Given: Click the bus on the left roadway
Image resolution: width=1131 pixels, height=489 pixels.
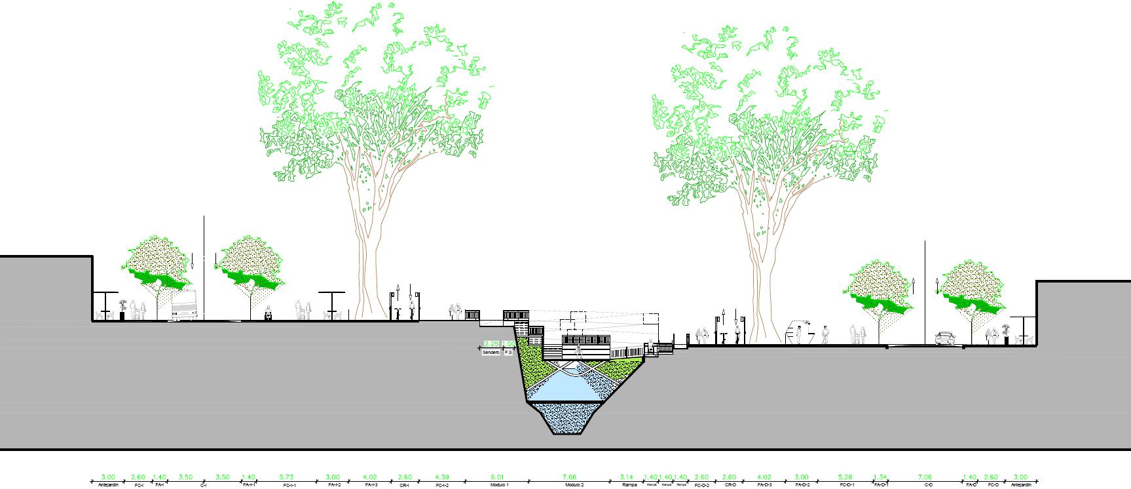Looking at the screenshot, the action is pyautogui.click(x=184, y=306).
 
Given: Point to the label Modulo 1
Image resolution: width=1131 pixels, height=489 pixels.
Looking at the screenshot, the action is pyautogui.click(x=499, y=485).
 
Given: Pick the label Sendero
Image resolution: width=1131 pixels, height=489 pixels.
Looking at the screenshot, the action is pyautogui.click(x=491, y=353).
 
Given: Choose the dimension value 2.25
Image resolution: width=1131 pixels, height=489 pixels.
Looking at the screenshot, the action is pyautogui.click(x=491, y=344).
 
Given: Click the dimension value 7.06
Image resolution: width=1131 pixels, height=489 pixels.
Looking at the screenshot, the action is pyautogui.click(x=928, y=477).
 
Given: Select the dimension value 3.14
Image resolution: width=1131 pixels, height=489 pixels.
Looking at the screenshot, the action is pyautogui.click(x=628, y=477).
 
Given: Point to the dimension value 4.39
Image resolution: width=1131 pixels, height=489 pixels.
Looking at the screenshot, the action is pyautogui.click(x=442, y=477).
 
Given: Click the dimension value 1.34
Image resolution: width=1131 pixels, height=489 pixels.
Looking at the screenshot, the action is pyautogui.click(x=881, y=477).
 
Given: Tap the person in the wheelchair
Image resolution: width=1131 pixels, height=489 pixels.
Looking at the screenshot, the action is pyautogui.click(x=268, y=314).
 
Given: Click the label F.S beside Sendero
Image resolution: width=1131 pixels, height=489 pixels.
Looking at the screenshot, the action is pyautogui.click(x=508, y=353).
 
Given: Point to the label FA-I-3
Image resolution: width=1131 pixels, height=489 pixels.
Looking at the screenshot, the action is pyautogui.click(x=371, y=485).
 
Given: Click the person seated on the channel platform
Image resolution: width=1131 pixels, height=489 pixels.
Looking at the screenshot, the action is pyautogui.click(x=578, y=349).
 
